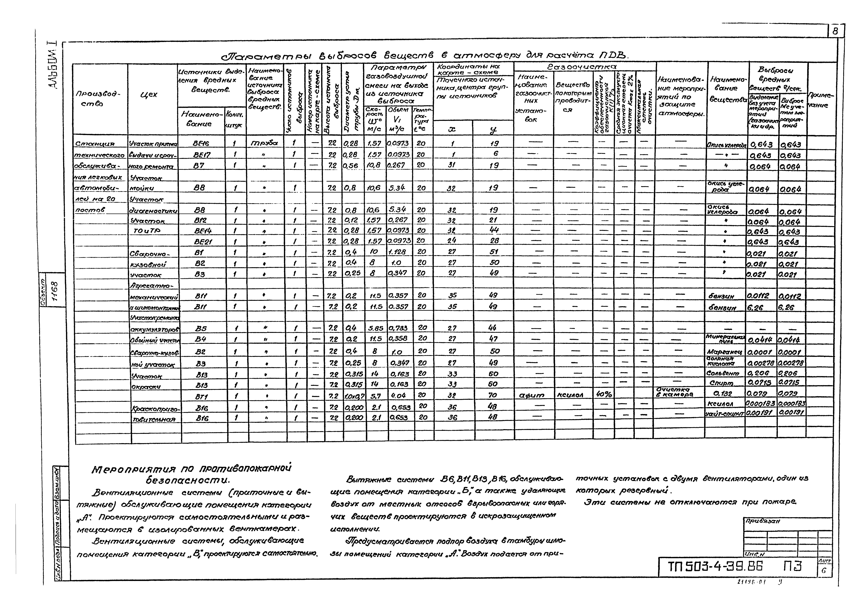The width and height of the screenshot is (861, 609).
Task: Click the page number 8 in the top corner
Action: (x=835, y=32)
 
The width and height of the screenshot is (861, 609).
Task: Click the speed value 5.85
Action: (x=375, y=328)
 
